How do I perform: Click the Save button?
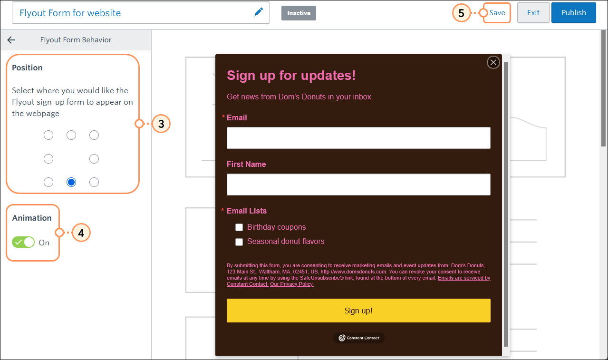pos(497,13)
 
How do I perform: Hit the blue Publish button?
pos(573,13)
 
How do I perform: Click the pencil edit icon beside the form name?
pos(258,13)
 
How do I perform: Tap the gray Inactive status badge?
pos(299,13)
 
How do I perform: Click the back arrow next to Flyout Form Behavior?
pos(11,40)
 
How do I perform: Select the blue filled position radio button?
pos(71,182)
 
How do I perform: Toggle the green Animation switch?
pos(24,242)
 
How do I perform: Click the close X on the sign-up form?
pos(493,62)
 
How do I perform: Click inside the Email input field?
pos(358,138)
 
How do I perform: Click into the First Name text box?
pos(358,185)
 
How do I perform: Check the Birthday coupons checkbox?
pos(239,227)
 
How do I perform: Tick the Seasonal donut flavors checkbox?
pos(239,242)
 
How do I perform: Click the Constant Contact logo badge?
pos(359,338)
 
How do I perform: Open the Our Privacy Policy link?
pos(292,284)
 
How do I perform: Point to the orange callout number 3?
pos(161,124)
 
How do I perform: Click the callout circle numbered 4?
pos(81,233)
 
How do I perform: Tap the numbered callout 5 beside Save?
pos(461,13)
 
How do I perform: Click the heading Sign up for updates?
pos(291,75)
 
